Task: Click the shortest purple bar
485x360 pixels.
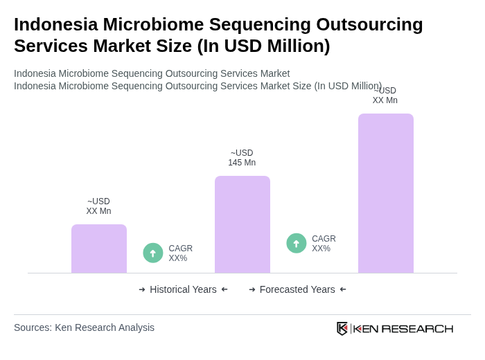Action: pos(99,249)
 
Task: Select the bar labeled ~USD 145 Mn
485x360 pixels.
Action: pos(242,224)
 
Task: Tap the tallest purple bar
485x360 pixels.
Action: pos(386,193)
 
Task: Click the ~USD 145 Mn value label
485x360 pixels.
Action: pos(242,158)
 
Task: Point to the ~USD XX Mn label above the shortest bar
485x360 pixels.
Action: pos(98,206)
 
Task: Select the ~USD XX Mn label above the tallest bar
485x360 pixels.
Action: pos(385,96)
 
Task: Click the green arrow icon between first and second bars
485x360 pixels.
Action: pos(153,253)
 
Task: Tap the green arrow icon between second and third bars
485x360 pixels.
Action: pos(297,244)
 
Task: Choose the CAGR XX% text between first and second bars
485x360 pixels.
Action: pos(180,253)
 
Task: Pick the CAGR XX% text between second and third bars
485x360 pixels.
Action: pos(324,244)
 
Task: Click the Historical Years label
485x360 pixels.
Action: pos(183,289)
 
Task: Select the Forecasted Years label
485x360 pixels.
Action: pos(297,289)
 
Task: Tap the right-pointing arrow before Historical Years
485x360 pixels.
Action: pos(142,289)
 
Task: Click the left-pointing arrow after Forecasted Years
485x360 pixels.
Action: pos(343,289)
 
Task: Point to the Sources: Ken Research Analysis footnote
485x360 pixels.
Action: pos(84,327)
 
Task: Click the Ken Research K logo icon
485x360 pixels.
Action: pos(342,328)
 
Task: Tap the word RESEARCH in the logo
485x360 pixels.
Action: pos(417,328)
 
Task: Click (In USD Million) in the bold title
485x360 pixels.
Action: pos(263,46)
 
